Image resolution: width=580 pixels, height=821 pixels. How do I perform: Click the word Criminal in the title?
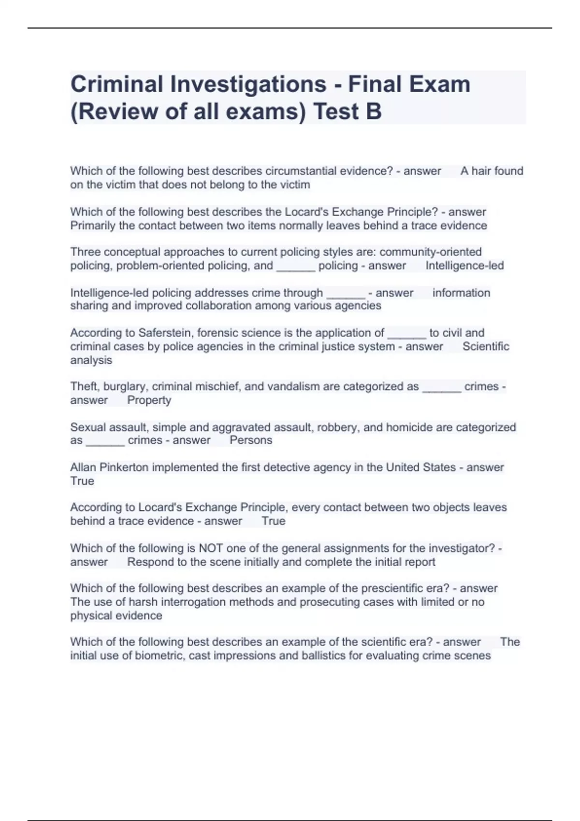pos(117,84)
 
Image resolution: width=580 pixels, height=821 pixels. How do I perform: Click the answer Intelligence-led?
pos(464,266)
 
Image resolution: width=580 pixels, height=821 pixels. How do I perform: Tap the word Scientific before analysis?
pos(486,346)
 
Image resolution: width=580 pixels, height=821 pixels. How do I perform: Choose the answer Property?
pos(149,400)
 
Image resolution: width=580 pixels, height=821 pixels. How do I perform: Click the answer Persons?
pos(251,440)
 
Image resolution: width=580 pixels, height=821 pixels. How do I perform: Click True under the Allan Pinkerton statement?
pos(82,481)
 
